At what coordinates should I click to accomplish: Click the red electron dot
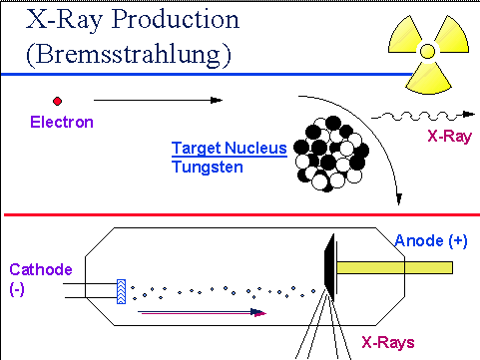pyautogui.click(x=57, y=101)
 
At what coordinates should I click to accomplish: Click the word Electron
pyautogui.click(x=62, y=122)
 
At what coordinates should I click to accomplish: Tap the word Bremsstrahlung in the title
pyautogui.click(x=129, y=54)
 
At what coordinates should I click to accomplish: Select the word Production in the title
pyautogui.click(x=176, y=19)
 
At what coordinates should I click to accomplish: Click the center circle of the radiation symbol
pyautogui.click(x=427, y=51)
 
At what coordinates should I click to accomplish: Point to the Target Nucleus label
pyautogui.click(x=230, y=149)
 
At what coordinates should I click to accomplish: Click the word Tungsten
pyautogui.click(x=208, y=167)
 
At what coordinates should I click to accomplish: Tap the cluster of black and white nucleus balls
pyautogui.click(x=331, y=154)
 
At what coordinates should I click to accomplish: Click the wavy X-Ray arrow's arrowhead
pyautogui.click(x=469, y=114)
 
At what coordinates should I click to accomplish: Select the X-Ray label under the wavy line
pyautogui.click(x=449, y=137)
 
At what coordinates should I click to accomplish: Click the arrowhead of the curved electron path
pyautogui.click(x=399, y=199)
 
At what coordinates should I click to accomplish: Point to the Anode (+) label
pyautogui.click(x=431, y=240)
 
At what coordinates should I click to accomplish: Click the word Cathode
pyautogui.click(x=41, y=269)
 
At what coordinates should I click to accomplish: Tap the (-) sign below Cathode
pyautogui.click(x=17, y=289)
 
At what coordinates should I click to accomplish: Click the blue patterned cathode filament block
pyautogui.click(x=122, y=291)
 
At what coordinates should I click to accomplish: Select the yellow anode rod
pyautogui.click(x=395, y=267)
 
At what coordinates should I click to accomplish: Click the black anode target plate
pyautogui.click(x=329, y=267)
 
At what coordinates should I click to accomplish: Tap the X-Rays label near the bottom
pyautogui.click(x=388, y=342)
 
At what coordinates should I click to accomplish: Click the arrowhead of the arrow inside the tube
pyautogui.click(x=258, y=312)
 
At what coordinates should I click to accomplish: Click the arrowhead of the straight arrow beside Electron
pyautogui.click(x=217, y=100)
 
